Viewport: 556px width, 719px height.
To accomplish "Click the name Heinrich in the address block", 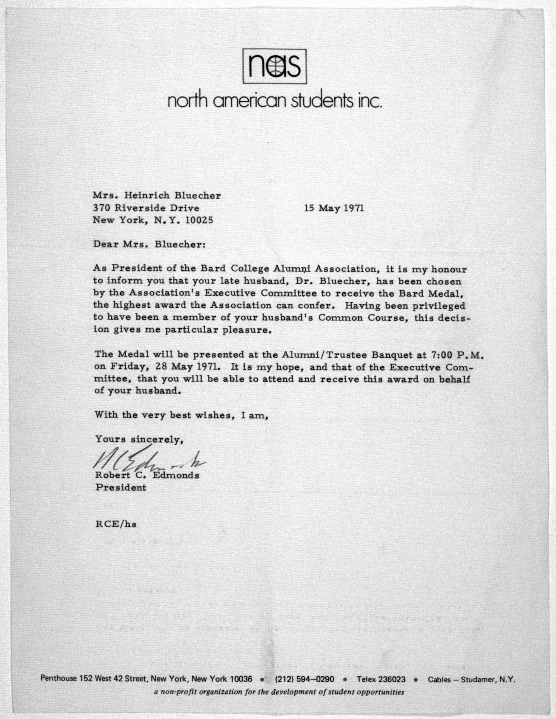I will click(x=147, y=196).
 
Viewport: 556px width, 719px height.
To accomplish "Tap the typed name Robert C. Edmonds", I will click(x=147, y=475).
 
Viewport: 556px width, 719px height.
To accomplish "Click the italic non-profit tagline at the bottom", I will click(x=279, y=692).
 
